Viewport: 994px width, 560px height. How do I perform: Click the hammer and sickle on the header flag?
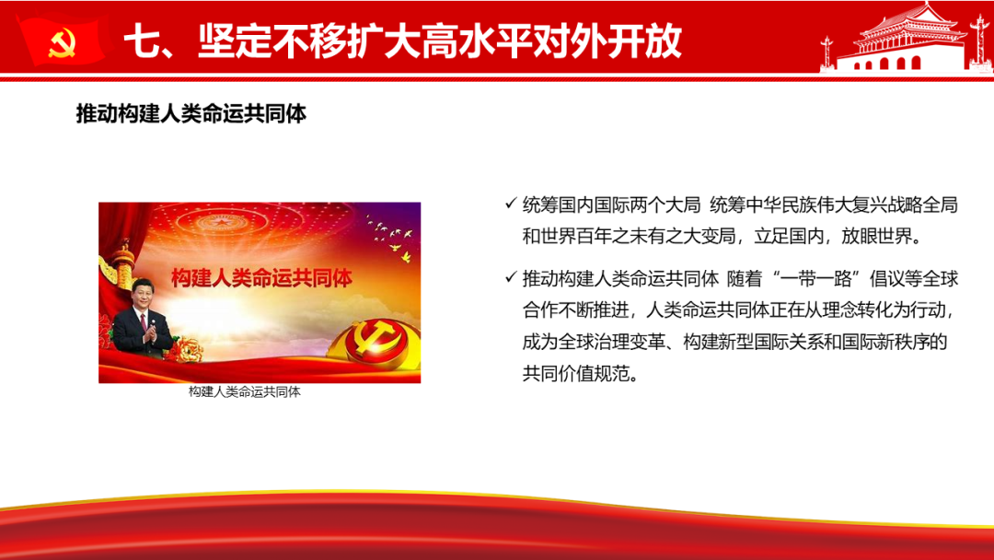63,42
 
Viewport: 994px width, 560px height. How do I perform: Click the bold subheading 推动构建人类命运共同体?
191,114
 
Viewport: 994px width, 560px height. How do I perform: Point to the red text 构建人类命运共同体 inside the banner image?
261,278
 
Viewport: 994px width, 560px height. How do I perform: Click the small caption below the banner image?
244,392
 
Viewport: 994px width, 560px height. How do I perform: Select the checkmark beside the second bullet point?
511,277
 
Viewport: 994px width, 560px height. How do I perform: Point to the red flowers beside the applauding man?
185,349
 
